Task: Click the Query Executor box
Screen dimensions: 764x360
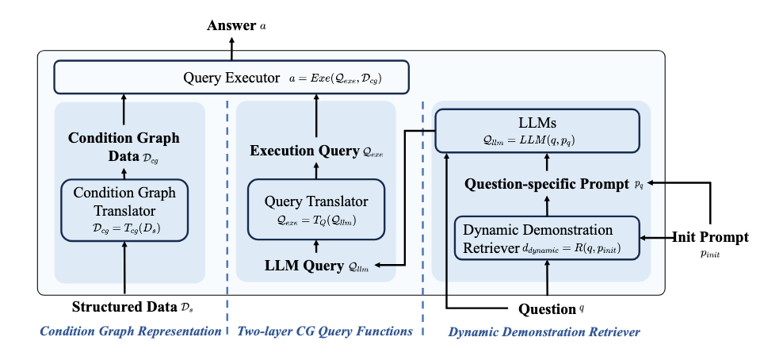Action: click(x=231, y=77)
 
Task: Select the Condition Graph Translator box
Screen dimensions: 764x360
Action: click(x=124, y=210)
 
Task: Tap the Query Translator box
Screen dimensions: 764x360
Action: click(x=316, y=209)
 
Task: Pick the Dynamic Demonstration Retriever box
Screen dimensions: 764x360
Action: click(x=547, y=238)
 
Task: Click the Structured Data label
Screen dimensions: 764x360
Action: click(x=133, y=308)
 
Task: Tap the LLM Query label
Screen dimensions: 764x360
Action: click(x=316, y=266)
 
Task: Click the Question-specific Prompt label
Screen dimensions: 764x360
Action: click(x=554, y=185)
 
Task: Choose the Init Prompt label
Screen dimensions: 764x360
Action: click(x=710, y=243)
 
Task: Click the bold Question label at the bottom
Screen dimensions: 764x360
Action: click(x=551, y=308)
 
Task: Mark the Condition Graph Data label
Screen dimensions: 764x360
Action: click(x=124, y=145)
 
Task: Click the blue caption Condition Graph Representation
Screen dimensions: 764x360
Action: click(x=131, y=331)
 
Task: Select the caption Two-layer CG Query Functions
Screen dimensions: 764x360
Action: click(x=325, y=331)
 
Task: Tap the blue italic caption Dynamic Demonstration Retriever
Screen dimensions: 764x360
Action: click(x=544, y=332)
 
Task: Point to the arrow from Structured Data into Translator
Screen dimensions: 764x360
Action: click(x=124, y=268)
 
